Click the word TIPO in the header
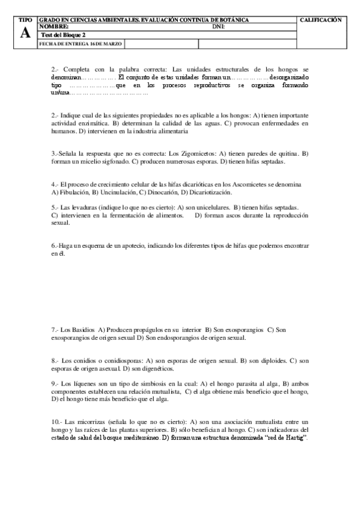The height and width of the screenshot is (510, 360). pos(25,20)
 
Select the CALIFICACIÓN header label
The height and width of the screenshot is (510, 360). pos(321,20)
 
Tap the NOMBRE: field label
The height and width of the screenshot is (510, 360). pos(53,27)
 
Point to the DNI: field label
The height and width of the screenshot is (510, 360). pos(219,27)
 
